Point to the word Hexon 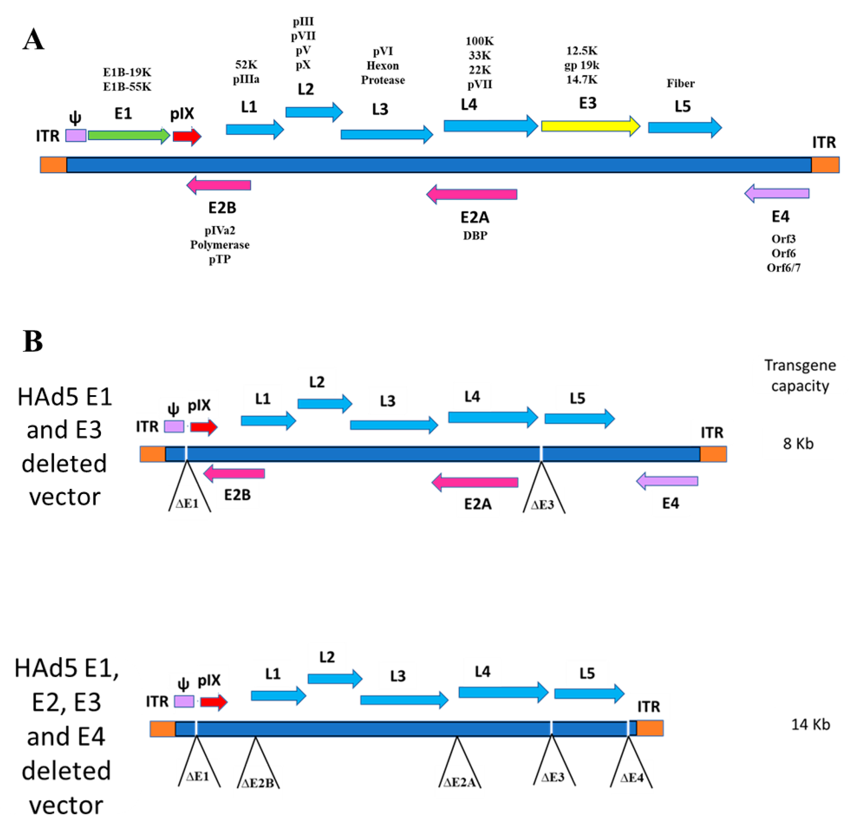[383, 66]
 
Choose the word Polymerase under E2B [219, 245]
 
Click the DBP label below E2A [475, 236]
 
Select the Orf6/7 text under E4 [783, 268]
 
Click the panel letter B [33, 342]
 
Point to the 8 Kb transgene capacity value [798, 444]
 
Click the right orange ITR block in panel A [825, 164]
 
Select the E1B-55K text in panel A [127, 87]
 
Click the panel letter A [33, 40]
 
